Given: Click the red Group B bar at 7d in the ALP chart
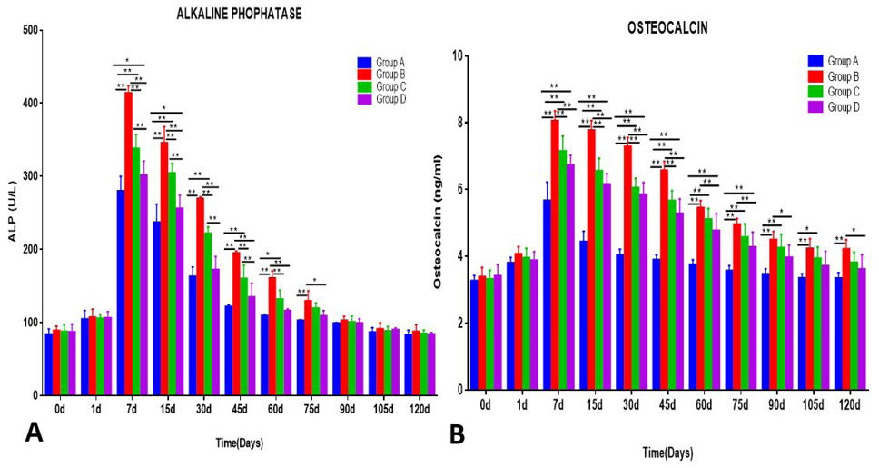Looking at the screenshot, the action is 128,244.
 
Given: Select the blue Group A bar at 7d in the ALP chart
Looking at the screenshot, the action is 121,293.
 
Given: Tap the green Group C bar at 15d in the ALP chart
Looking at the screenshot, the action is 173,284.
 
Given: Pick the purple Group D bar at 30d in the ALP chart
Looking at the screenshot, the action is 215,332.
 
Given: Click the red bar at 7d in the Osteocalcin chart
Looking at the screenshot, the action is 555,254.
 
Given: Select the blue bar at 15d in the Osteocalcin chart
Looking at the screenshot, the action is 583,314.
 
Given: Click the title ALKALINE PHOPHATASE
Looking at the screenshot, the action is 240,15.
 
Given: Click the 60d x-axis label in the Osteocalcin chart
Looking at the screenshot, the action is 704,404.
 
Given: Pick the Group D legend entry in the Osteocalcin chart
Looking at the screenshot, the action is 834,106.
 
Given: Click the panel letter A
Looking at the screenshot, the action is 34,433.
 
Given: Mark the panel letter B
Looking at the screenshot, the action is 457,433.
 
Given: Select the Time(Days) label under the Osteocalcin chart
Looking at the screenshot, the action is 667,453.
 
